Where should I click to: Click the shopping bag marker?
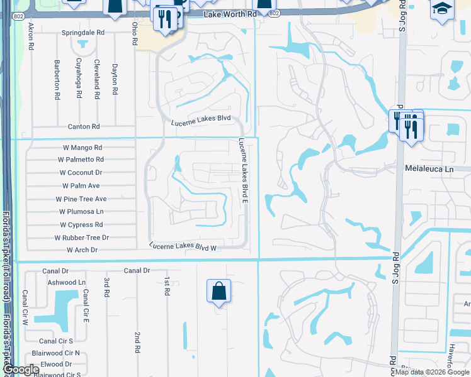pyautogui.click(x=218, y=292)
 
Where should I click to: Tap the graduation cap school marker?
pyautogui.click(x=441, y=9)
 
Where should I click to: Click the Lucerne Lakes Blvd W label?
pyautogui.click(x=183, y=248)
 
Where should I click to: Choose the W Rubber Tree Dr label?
pyautogui.click(x=82, y=238)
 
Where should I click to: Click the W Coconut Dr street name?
pyautogui.click(x=81, y=172)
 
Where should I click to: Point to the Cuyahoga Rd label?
pyautogui.click(x=79, y=79)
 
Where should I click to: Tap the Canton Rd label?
pyautogui.click(x=84, y=126)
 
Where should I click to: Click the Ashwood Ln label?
pyautogui.click(x=67, y=283)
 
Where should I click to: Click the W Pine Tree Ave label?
pyautogui.click(x=81, y=199)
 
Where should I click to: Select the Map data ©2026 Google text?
pyautogui.click(x=431, y=372)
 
